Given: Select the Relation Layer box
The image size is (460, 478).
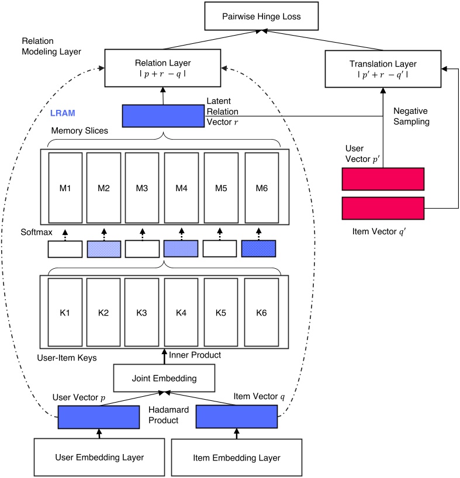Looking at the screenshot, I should tap(164, 68).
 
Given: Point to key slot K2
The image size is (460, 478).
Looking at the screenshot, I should tap(103, 313).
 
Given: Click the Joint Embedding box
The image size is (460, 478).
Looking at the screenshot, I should tap(163, 378).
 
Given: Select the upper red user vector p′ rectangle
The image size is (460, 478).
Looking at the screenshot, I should tap(382, 179).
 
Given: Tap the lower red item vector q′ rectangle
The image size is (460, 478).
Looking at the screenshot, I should tap(382, 208).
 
